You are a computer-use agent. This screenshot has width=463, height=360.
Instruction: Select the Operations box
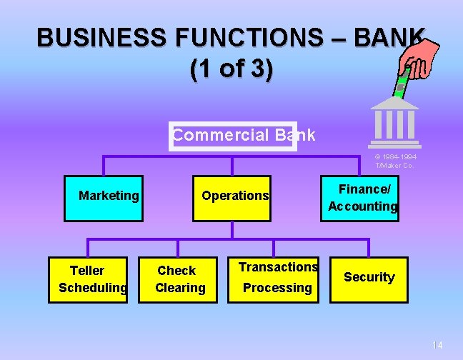[231, 197]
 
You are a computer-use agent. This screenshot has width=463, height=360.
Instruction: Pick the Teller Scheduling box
[88, 279]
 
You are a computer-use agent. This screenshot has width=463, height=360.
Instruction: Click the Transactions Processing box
[278, 279]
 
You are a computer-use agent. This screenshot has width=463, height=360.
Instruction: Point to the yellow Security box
[369, 279]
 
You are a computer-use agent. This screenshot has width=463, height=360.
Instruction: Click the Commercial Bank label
[243, 135]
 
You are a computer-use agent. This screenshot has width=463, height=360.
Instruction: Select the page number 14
[437, 346]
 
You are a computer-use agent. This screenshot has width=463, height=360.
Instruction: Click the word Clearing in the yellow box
[180, 288]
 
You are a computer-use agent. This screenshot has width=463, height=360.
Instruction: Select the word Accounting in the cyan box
[363, 206]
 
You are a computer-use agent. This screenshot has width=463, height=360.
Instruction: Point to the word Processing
[277, 288]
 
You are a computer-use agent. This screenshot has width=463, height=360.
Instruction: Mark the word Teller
[87, 271]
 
